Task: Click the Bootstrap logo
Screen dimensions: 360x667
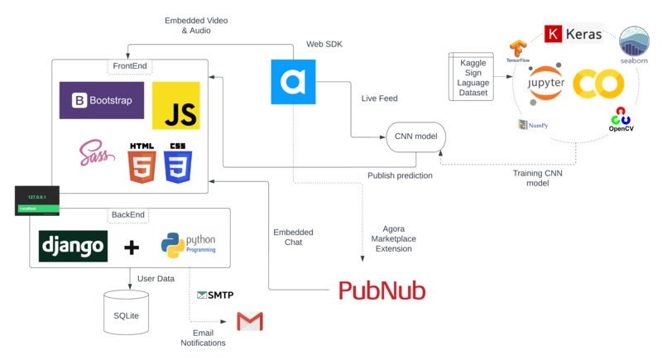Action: [102, 101]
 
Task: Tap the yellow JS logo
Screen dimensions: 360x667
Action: [175, 106]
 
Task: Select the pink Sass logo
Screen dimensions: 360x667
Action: [96, 154]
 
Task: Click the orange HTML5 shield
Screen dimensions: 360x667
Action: [142, 162]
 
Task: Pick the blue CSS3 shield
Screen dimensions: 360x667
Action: [178, 162]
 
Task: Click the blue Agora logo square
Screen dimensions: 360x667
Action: [293, 81]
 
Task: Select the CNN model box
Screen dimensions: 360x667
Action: [415, 137]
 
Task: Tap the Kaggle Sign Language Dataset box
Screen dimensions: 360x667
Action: [473, 77]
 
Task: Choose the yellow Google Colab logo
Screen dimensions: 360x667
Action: [597, 84]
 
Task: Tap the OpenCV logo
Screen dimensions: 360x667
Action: [621, 120]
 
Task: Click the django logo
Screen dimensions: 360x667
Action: [73, 246]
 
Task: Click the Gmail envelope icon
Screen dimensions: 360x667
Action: [249, 321]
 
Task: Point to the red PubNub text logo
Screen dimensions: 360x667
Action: [382, 290]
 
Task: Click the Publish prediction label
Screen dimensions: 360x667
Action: [399, 175]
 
